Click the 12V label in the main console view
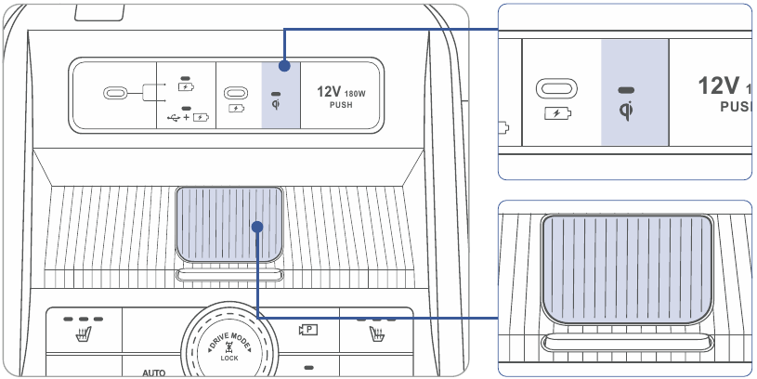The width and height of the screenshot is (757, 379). point(329,91)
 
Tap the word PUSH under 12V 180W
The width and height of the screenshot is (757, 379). point(341,105)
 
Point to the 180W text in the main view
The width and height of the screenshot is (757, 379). point(355,94)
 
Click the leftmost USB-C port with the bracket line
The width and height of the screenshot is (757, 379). point(115,93)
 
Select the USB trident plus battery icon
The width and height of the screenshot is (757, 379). point(189,117)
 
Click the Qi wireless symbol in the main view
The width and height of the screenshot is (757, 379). point(276,104)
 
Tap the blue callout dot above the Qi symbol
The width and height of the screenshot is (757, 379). point(284,66)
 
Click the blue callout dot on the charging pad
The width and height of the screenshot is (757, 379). point(257,227)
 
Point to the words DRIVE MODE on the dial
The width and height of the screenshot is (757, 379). point(229,340)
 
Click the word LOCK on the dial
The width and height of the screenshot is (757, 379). point(229,359)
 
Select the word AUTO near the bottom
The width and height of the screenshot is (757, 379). point(153,372)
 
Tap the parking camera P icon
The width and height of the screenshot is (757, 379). point(308,331)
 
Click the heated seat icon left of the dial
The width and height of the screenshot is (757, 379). point(84,333)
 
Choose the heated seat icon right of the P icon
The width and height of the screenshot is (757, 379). point(376,333)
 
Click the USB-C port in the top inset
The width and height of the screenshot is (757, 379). point(556,88)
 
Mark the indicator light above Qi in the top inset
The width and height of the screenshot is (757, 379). point(626,90)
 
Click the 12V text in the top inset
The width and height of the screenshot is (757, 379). point(718,86)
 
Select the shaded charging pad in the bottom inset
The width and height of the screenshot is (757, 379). point(627,268)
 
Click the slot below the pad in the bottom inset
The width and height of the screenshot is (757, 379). point(627,344)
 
